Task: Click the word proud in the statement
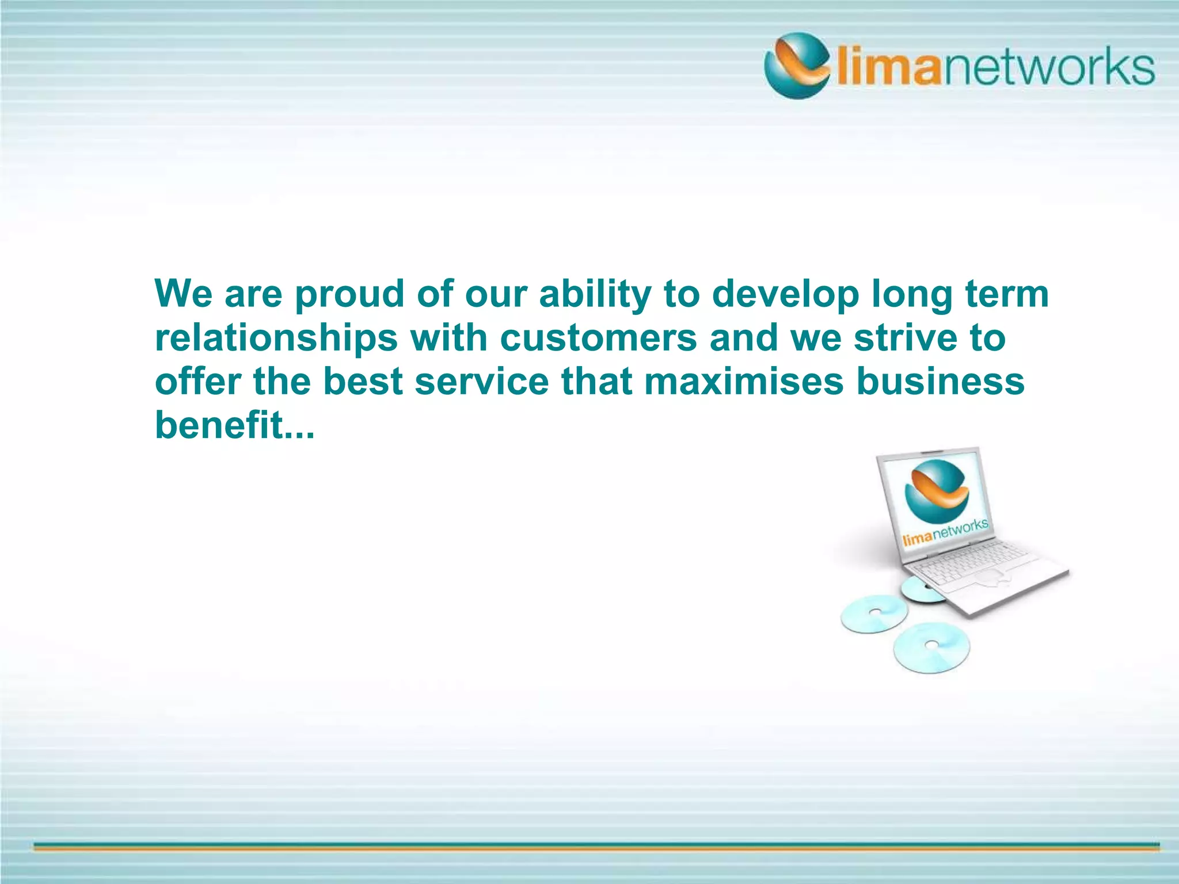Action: tap(350, 295)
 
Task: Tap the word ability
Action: tap(595, 295)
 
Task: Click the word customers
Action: tap(599, 338)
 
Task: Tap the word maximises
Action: tap(743, 382)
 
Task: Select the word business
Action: tap(940, 382)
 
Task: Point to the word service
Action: tap(482, 382)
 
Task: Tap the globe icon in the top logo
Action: tap(797, 66)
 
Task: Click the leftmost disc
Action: tap(873, 614)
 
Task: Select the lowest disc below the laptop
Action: tap(931, 647)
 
